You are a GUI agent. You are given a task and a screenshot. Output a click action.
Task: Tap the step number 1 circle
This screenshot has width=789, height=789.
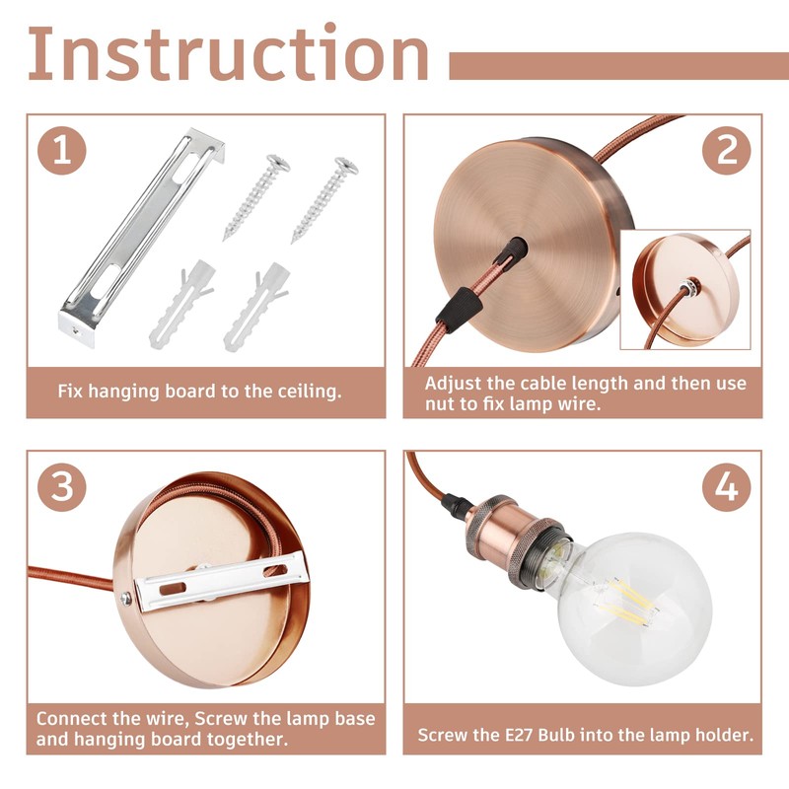click(63, 151)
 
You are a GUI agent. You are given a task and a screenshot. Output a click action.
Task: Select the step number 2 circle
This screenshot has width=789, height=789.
click(726, 151)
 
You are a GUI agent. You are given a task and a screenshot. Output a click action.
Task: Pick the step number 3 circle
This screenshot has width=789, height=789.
click(63, 488)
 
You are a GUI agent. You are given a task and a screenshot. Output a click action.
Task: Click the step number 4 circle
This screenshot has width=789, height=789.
click(726, 489)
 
